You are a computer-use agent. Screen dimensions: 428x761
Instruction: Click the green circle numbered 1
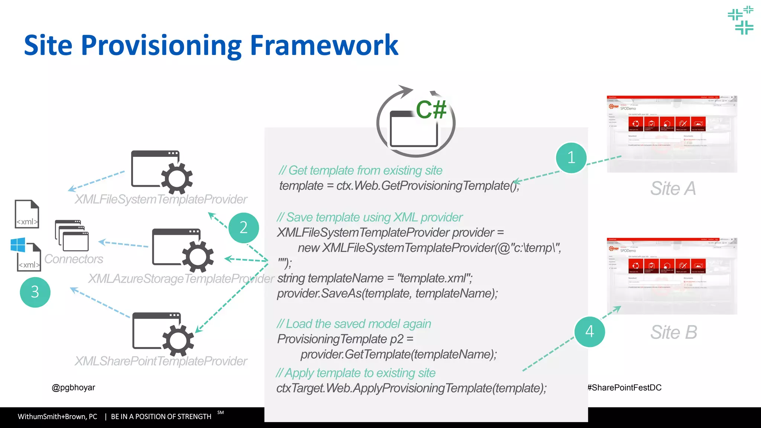571,158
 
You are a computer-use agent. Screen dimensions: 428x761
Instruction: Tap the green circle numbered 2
243,228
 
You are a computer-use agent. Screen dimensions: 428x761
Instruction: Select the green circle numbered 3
35,292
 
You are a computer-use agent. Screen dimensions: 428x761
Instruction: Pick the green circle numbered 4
590,332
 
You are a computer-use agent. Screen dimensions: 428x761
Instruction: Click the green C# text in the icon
431,110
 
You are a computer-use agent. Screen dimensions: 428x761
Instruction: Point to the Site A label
673,188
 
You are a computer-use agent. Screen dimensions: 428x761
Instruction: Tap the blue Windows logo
18,245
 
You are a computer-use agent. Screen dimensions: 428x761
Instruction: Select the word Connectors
74,259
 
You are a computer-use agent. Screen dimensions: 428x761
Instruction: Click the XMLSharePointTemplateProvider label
161,361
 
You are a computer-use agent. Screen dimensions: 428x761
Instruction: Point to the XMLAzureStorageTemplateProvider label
181,279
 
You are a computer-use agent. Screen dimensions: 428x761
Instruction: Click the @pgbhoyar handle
73,388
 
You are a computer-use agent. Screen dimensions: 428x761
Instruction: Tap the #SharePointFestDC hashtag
624,388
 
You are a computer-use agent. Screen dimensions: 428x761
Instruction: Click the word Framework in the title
324,45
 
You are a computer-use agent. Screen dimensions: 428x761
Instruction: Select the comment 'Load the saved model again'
354,324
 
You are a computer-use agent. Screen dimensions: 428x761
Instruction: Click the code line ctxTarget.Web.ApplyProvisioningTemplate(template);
411,388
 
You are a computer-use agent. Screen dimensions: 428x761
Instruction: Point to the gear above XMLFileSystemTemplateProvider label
177,178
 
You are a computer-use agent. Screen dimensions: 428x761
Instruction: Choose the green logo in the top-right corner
741,20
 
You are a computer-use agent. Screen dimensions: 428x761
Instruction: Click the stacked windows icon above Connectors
72,236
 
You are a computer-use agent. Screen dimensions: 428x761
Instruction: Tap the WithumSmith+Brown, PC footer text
58,416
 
